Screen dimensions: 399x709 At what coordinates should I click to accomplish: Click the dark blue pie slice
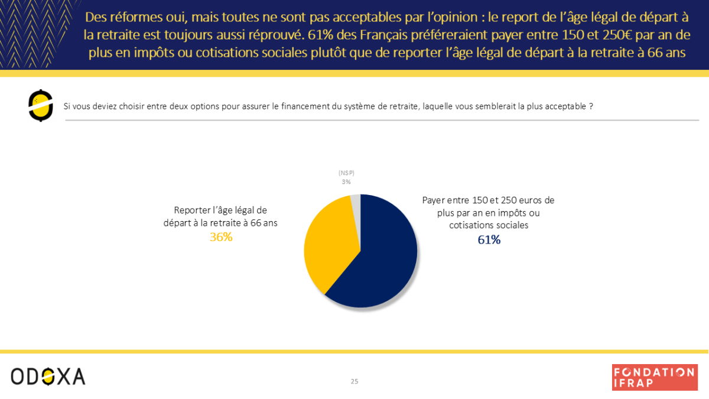coord(384,260)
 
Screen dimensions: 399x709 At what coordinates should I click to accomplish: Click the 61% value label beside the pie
coord(489,240)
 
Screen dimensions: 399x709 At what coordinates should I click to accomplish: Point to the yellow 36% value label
coord(221,237)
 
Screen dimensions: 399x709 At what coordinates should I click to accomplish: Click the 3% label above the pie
coord(346,181)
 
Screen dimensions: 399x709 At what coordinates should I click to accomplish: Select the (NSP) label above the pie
coord(346,173)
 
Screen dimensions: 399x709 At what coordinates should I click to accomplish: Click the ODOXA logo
coord(48,376)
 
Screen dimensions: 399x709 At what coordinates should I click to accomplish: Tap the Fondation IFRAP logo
coord(653,377)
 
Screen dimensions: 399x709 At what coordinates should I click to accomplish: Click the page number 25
coord(354,381)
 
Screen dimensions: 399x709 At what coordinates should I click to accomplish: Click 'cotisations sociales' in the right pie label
coord(488,225)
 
